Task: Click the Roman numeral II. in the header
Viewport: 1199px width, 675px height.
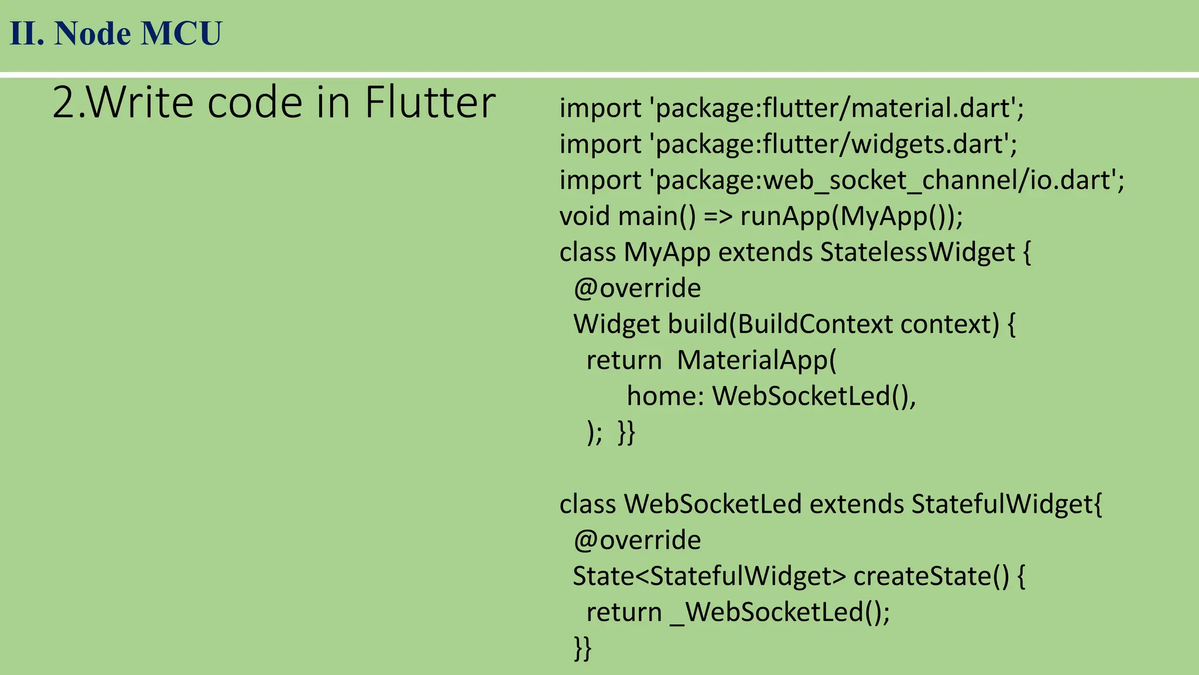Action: (x=27, y=33)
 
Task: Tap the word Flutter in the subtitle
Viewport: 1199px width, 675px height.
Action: (x=430, y=103)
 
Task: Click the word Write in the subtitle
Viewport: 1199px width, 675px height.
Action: (x=141, y=103)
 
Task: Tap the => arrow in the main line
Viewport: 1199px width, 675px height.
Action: (x=718, y=216)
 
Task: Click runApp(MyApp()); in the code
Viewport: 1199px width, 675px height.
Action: (x=851, y=216)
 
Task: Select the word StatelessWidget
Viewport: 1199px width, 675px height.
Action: (x=917, y=253)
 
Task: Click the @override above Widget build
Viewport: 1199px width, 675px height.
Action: (x=637, y=288)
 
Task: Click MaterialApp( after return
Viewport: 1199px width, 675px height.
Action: (x=757, y=360)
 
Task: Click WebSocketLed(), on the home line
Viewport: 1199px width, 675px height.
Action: (x=814, y=397)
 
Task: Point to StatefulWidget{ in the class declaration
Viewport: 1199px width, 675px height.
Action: (x=1006, y=504)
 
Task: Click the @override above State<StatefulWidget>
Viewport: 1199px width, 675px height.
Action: (x=637, y=540)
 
